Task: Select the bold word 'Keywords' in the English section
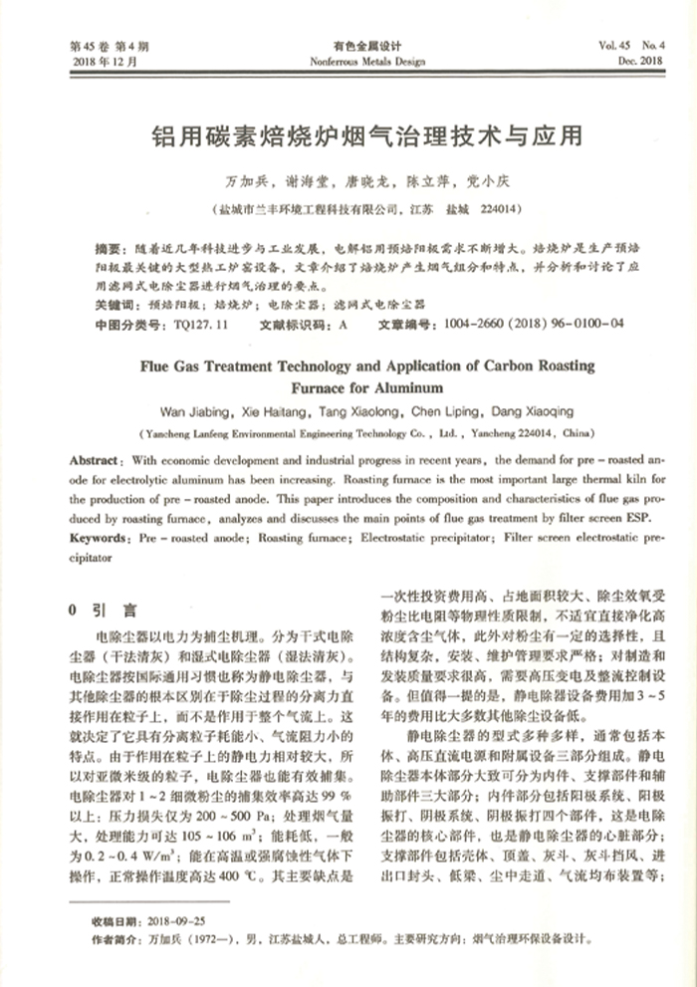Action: (x=98, y=538)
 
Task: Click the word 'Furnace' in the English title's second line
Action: (x=323, y=387)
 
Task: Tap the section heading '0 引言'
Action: (x=100, y=609)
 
